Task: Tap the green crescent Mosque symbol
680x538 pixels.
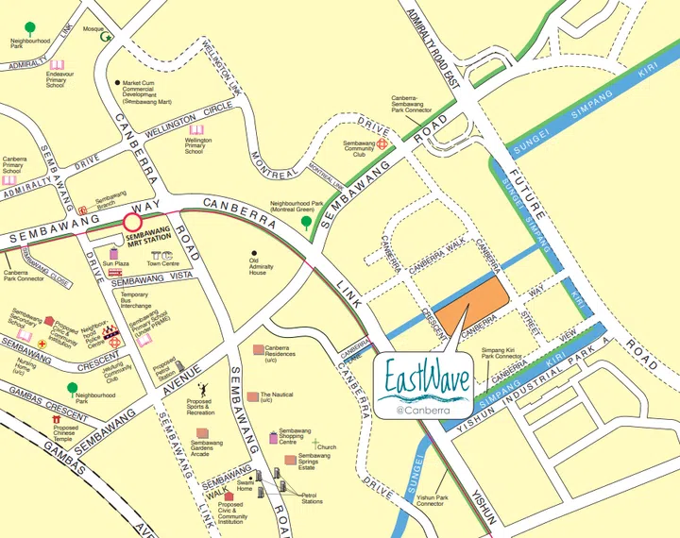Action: pyautogui.click(x=107, y=38)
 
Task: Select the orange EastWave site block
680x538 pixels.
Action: pyautogui.click(x=475, y=304)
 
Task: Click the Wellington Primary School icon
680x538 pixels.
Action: pyautogui.click(x=196, y=129)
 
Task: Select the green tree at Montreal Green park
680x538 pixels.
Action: pyautogui.click(x=306, y=223)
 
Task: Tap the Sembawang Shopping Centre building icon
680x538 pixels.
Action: pyautogui.click(x=273, y=436)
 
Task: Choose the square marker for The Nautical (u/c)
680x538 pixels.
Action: pyautogui.click(x=252, y=396)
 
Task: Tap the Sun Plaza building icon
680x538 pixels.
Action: pyautogui.click(x=114, y=254)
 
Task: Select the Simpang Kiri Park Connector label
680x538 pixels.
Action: pyautogui.click(x=504, y=353)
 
